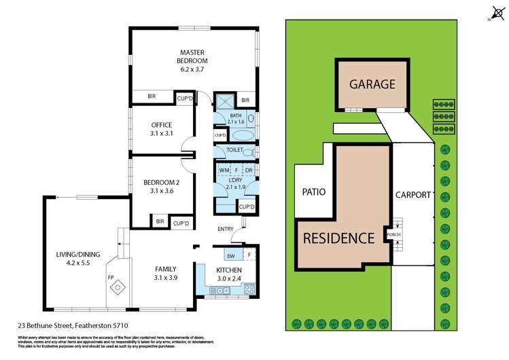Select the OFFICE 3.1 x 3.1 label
point(161,129)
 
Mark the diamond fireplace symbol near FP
point(119,288)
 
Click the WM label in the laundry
point(223,170)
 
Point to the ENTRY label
point(226,228)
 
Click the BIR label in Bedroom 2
point(160,221)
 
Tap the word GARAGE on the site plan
point(372,85)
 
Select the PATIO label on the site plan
point(313,192)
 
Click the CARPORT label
point(413,195)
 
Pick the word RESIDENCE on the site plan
point(338,238)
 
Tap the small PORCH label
point(393,235)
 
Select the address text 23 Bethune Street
point(75,325)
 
